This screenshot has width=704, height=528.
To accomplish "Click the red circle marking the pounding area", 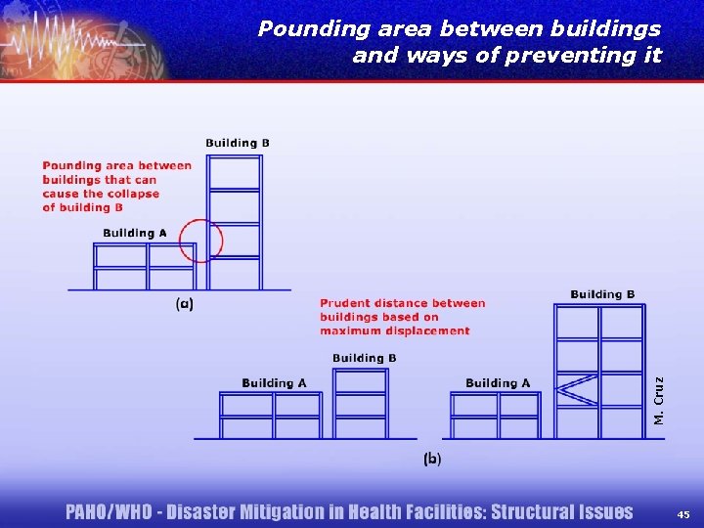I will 200,241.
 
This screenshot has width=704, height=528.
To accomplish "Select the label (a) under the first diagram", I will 184,304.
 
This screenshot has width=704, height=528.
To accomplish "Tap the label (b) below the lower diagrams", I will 431,458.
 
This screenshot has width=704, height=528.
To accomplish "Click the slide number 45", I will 682,513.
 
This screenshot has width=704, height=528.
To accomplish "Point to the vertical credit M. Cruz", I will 659,400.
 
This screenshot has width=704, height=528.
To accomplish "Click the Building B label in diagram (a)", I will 238,143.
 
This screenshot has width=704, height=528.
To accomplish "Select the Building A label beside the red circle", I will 135,233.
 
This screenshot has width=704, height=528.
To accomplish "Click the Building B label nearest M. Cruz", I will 602,294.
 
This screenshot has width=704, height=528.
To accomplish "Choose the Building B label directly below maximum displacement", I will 364,358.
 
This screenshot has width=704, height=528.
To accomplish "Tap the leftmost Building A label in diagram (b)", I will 274,382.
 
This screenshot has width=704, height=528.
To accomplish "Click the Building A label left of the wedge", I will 498,382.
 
